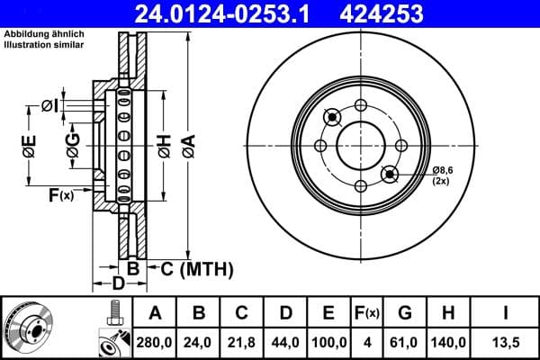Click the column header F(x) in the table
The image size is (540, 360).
(367, 313)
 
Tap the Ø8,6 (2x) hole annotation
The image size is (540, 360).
(445, 175)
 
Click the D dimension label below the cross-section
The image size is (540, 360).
(117, 285)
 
